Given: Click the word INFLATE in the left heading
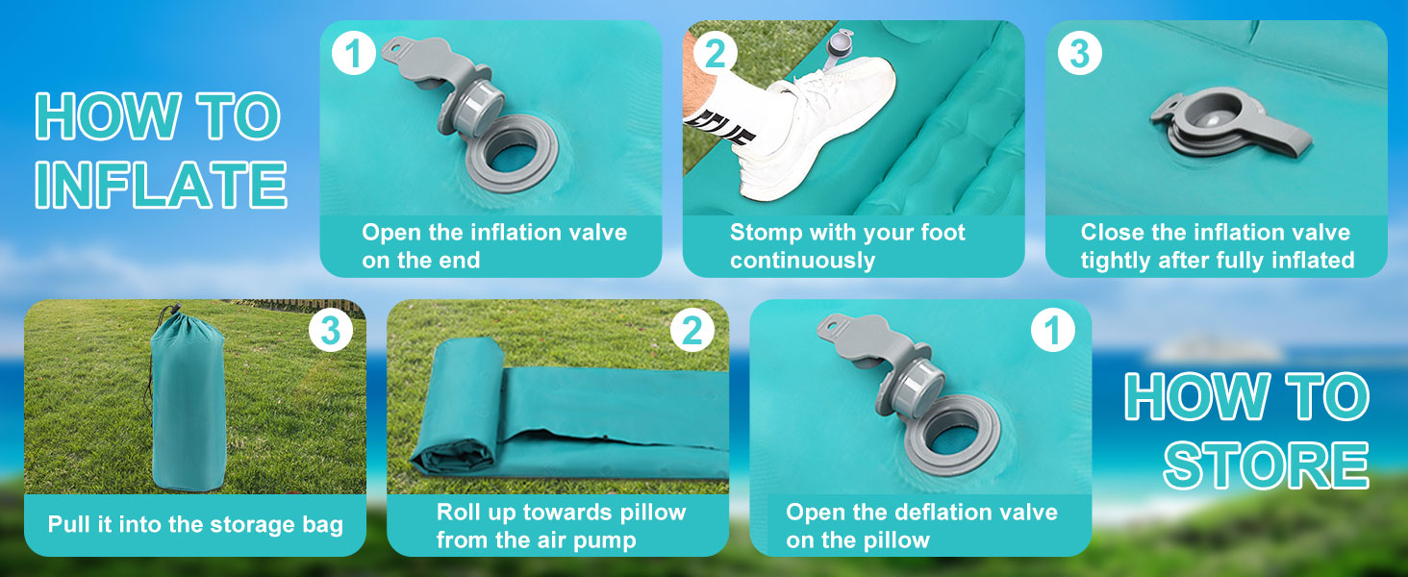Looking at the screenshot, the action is click(161, 184).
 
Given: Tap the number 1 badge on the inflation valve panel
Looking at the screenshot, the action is click(354, 54).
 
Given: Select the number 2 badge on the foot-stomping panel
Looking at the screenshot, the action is click(716, 54).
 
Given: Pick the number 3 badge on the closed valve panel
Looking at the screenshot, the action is click(1079, 54).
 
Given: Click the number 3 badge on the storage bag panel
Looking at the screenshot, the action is click(331, 331).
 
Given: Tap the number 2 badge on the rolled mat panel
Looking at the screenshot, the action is click(692, 331).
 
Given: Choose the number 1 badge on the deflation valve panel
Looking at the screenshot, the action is click(1053, 331).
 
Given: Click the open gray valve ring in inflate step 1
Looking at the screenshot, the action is click(512, 155).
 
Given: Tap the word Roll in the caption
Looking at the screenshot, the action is click(458, 512).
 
